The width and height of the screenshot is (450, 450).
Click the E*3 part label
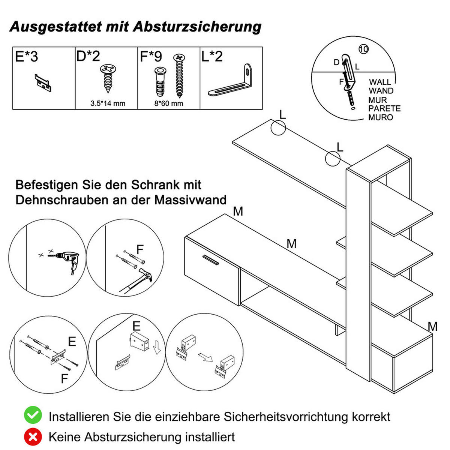click(27, 57)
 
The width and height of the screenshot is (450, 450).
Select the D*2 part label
click(88, 56)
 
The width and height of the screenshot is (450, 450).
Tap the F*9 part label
click(151, 57)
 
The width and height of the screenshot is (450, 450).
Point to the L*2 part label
click(212, 56)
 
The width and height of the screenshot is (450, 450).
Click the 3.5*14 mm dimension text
click(108, 103)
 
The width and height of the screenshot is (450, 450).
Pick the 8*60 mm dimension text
click(169, 103)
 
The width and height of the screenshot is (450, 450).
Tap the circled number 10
click(363, 49)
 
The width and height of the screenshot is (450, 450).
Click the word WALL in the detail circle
click(379, 82)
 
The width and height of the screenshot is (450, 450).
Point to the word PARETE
click(384, 109)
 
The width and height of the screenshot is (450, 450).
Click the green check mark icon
click(33, 415)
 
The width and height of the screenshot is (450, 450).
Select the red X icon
click(33, 436)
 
